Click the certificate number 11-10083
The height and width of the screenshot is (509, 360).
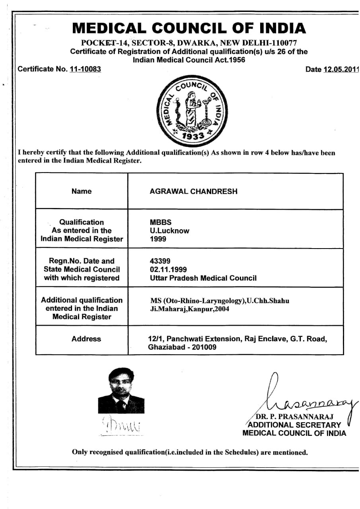tap(85, 69)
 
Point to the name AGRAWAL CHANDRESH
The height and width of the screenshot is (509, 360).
tap(193, 191)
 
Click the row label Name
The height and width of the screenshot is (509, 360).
tap(82, 191)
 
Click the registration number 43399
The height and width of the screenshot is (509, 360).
tap(160, 261)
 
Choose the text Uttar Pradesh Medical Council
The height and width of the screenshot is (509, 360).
tap(203, 278)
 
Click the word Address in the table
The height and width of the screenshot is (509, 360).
tap(86, 339)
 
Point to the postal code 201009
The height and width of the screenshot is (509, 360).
tap(205, 347)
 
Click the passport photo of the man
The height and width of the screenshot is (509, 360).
tap(121, 390)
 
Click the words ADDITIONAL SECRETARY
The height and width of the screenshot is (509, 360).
tap(294, 425)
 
